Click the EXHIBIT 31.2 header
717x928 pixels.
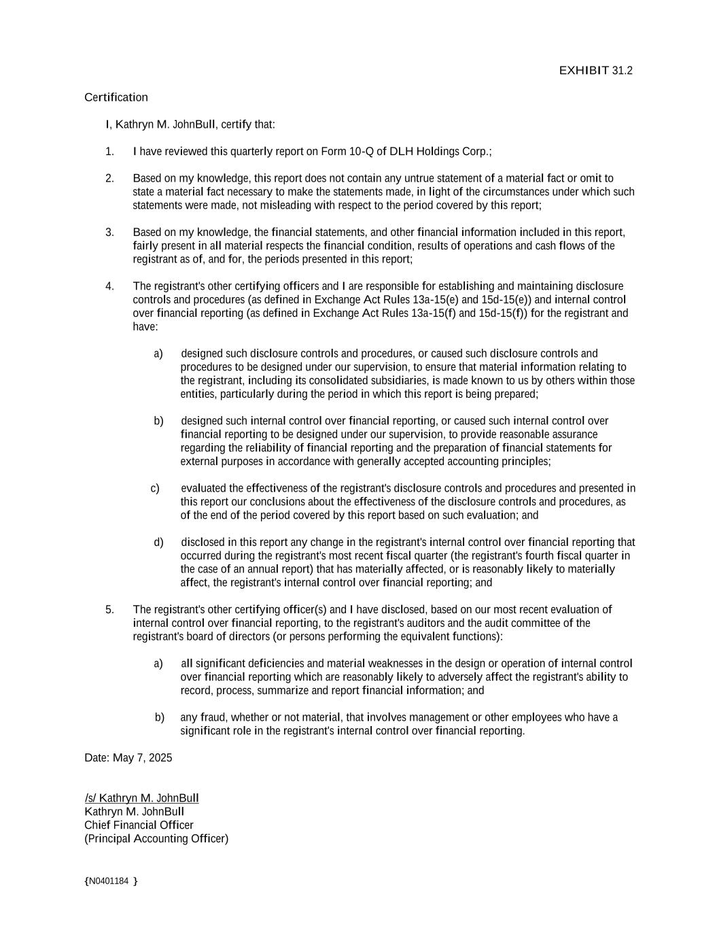[x=595, y=71]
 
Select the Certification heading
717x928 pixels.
[x=116, y=97]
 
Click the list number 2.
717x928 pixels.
[x=109, y=178]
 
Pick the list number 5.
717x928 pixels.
[x=109, y=609]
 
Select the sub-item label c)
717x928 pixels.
[x=155, y=488]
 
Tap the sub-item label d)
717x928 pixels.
[x=158, y=542]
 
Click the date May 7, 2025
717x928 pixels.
[x=142, y=758]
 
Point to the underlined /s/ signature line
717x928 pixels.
[x=141, y=798]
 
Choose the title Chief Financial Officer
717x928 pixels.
[x=139, y=825]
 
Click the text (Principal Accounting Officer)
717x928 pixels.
[x=156, y=839]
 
